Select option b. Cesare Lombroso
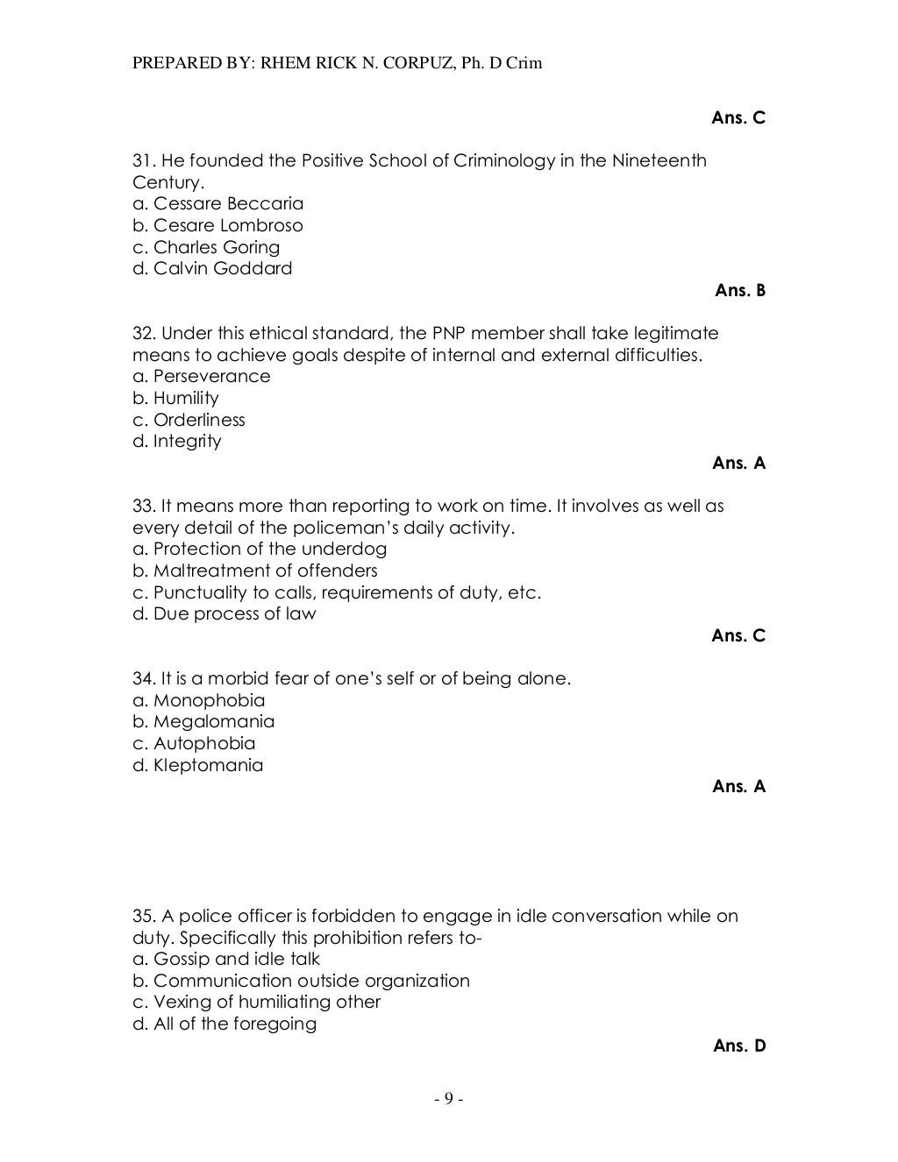[217, 225]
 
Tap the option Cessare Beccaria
[217, 203]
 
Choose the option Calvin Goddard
[212, 268]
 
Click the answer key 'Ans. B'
[740, 290]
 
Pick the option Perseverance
[202, 376]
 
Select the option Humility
[175, 398]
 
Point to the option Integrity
[177, 441]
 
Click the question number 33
[143, 506]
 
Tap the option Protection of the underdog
[260, 549]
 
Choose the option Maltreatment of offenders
[255, 570]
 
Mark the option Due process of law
[224, 613]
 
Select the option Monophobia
[199, 700]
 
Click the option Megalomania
[203, 721]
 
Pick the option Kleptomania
[198, 765]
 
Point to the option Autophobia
[194, 743]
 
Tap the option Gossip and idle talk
[226, 959]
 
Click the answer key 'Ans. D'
[740, 1045]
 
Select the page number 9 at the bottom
[447, 1099]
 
